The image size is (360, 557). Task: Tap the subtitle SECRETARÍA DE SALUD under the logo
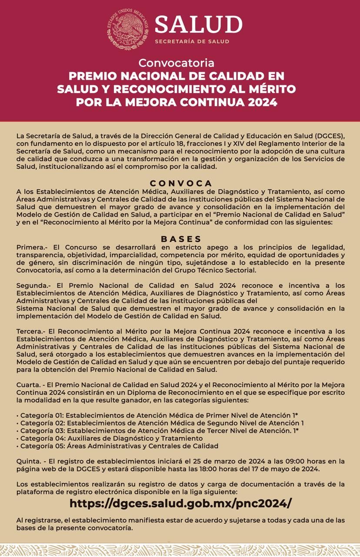click(x=192, y=42)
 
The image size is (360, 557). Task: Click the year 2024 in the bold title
click(x=261, y=102)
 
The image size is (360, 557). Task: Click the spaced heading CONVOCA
click(x=180, y=183)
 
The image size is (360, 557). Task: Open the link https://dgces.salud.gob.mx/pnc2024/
click(x=180, y=503)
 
